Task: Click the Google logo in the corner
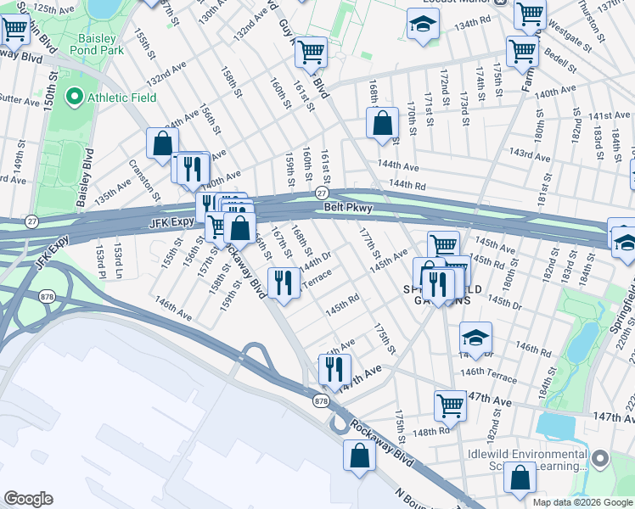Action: click(28, 499)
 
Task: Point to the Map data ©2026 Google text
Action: click(582, 502)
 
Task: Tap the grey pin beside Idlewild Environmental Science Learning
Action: click(601, 459)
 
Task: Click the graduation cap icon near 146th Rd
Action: click(475, 338)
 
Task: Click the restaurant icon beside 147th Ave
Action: click(334, 370)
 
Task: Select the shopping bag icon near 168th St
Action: click(383, 123)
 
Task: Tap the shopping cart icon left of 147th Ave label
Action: click(450, 406)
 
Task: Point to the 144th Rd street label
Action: click(406, 184)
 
